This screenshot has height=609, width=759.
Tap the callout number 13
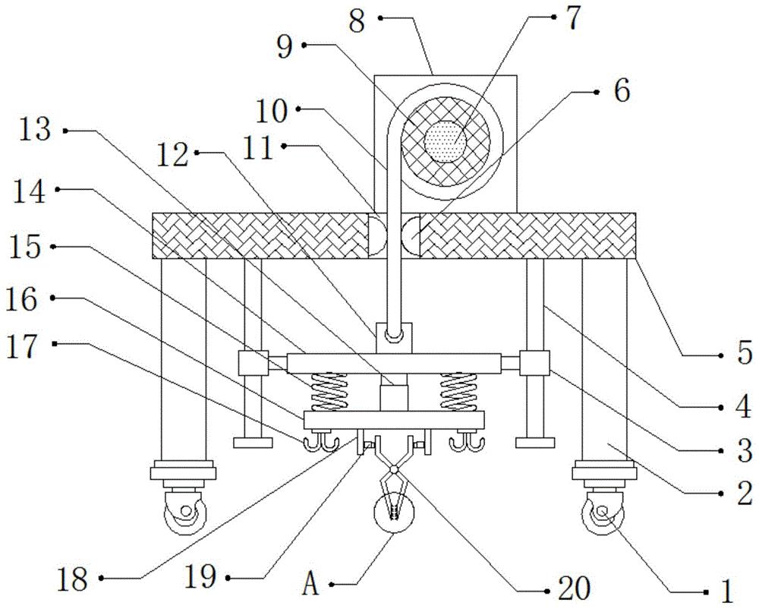coord(36,131)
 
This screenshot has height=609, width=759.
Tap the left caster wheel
coord(182,519)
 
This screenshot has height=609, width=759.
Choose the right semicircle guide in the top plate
coord(411,235)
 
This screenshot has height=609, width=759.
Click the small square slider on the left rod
coord(252,363)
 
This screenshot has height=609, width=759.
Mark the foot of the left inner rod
coord(254,442)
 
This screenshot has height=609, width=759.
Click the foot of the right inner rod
coord(534,442)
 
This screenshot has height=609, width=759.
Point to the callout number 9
coord(282,46)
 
